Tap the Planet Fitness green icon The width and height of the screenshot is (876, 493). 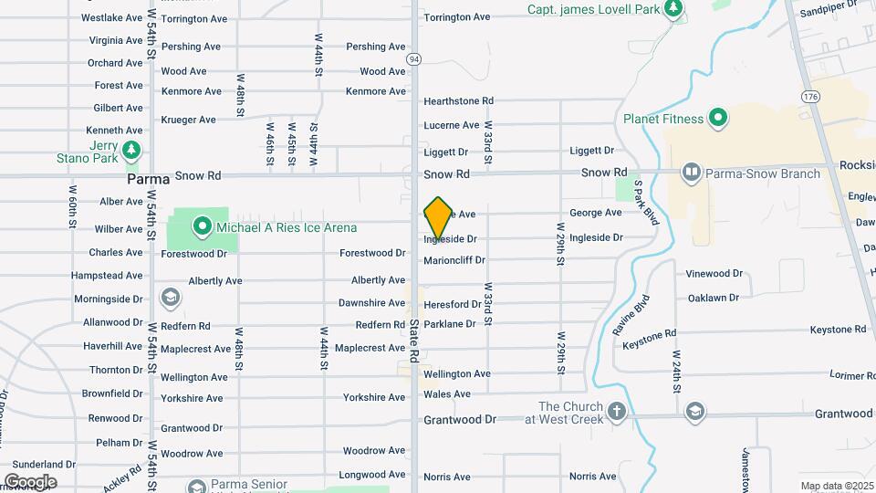(718, 119)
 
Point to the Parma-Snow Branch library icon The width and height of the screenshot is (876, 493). (693, 173)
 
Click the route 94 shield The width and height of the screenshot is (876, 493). (414, 58)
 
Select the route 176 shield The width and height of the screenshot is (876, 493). (810, 96)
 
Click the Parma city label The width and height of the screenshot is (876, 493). (149, 179)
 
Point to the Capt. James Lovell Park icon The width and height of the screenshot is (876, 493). (673, 9)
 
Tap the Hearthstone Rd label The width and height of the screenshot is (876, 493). (458, 101)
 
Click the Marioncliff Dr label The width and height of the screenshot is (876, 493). (454, 261)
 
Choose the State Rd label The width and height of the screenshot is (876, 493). (414, 339)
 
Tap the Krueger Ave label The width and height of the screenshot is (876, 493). (188, 120)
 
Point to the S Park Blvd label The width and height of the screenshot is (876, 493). (646, 203)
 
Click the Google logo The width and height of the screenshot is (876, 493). (30, 482)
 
